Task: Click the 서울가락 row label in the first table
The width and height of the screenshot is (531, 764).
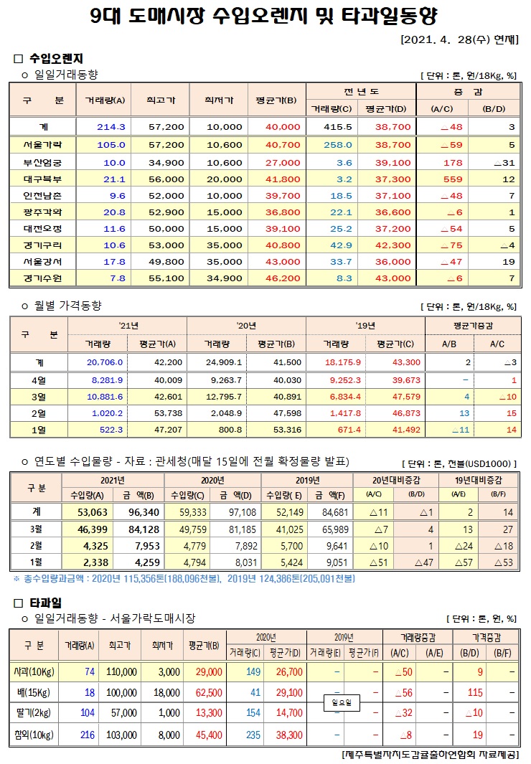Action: [43, 145]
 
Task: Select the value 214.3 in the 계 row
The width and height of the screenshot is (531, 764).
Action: [111, 127]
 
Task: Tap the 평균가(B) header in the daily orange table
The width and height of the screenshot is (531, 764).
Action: [276, 100]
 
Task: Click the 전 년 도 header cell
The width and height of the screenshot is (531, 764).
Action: [361, 92]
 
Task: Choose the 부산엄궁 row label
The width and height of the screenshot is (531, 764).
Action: [43, 162]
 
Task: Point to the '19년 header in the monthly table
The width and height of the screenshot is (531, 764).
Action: [366, 326]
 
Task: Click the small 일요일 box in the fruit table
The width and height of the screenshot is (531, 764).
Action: [341, 703]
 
